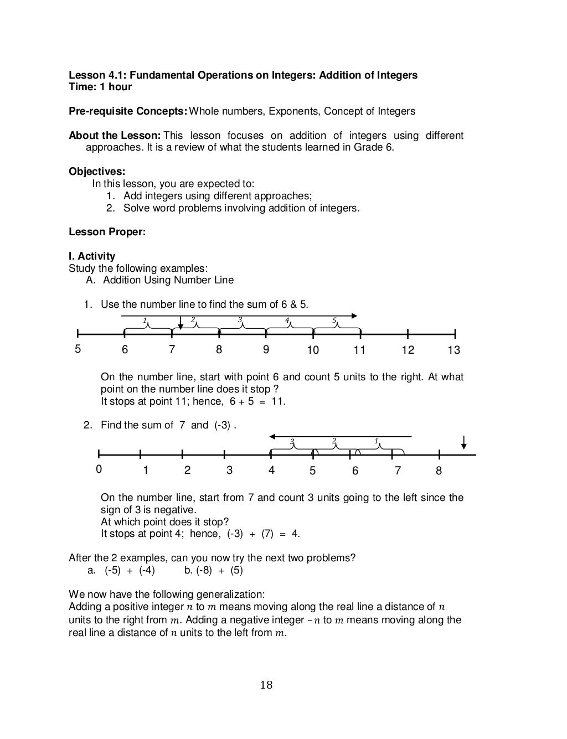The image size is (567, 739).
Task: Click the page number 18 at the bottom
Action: coord(266,685)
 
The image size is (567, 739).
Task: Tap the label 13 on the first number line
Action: coord(454,350)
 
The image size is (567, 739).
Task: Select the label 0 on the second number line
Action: coord(99,470)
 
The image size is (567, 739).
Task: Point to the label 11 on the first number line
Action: coord(360,350)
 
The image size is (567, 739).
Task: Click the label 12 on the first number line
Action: coord(408,350)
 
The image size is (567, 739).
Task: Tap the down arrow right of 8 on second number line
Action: coord(463,443)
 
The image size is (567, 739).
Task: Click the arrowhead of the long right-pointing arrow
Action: coord(354,316)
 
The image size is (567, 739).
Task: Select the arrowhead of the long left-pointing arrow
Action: coord(272,436)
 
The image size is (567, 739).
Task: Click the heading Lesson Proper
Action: coord(107,232)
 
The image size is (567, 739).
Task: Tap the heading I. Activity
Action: coord(92,256)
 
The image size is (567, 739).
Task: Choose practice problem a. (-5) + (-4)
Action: coord(122,570)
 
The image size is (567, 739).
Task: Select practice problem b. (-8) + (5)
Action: coord(213,570)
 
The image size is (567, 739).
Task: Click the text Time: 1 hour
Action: coord(100,87)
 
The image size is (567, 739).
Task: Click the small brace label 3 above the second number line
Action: coord(292,441)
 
